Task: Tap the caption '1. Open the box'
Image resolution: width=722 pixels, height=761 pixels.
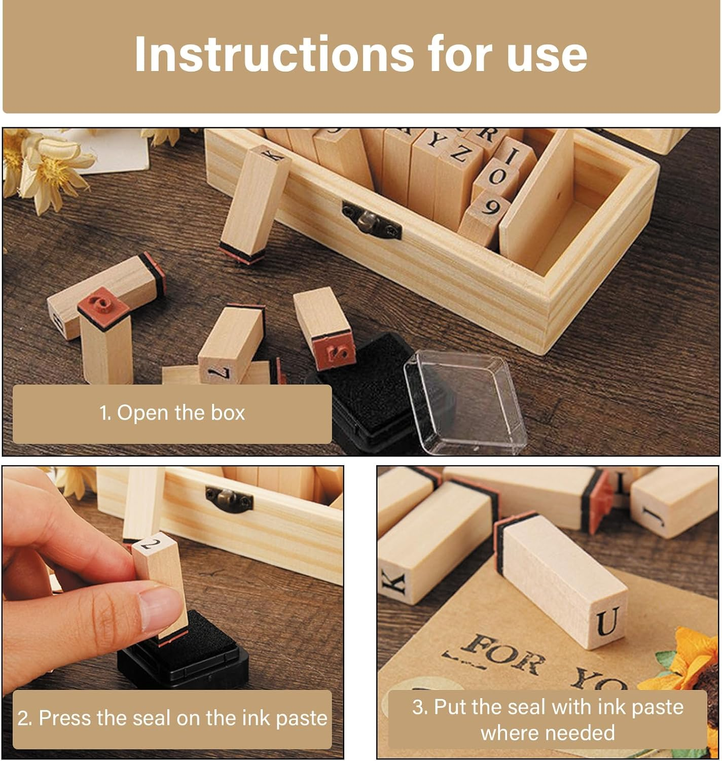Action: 172,413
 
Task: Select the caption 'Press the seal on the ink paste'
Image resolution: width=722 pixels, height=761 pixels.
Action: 172,718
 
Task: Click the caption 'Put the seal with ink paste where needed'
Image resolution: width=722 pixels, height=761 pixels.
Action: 548,719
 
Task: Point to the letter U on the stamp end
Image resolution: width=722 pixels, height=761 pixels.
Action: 608,622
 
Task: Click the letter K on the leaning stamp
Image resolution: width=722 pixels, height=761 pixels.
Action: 271,153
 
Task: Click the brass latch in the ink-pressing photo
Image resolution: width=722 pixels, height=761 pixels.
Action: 229,498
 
